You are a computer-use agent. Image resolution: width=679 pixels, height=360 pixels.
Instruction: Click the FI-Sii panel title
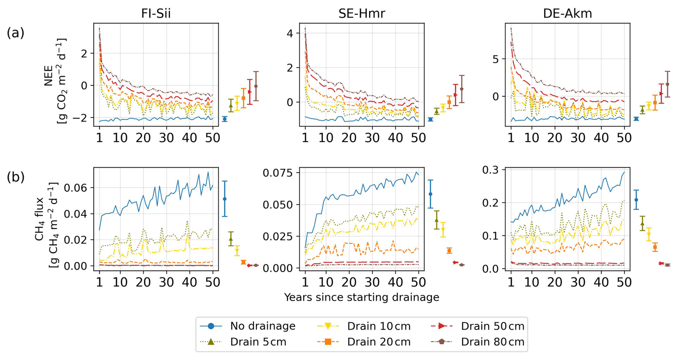pyautogui.click(x=156, y=13)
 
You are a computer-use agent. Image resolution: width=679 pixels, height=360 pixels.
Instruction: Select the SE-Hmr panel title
pyautogui.click(x=361, y=13)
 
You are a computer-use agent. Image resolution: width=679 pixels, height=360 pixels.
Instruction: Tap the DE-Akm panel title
pyautogui.click(x=567, y=13)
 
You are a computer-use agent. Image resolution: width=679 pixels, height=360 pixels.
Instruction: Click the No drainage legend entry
pyautogui.click(x=248, y=326)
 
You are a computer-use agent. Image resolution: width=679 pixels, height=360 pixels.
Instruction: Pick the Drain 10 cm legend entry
pyautogui.click(x=364, y=326)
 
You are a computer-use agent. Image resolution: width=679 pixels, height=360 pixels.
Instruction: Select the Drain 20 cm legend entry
pyautogui.click(x=364, y=342)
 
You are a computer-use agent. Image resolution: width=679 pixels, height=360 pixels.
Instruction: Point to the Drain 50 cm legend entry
pyautogui.click(x=477, y=326)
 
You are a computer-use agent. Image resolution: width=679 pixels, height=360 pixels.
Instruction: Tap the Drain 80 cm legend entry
pyautogui.click(x=477, y=342)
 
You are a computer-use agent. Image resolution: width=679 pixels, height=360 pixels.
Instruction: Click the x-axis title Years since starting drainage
pyautogui.click(x=361, y=297)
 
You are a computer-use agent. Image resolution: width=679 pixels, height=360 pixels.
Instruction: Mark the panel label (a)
pyautogui.click(x=15, y=33)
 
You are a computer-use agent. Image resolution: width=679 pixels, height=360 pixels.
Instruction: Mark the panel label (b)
pyautogui.click(x=15, y=177)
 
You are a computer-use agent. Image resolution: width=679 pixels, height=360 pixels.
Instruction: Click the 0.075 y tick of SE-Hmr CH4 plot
pyautogui.click(x=278, y=173)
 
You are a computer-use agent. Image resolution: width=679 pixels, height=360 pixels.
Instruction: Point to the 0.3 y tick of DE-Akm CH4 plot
pyautogui.click(x=492, y=170)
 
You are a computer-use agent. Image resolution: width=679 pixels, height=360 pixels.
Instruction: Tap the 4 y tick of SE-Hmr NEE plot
pyautogui.click(x=289, y=33)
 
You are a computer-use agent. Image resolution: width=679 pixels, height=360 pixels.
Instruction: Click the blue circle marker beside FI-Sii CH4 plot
pyautogui.click(x=225, y=199)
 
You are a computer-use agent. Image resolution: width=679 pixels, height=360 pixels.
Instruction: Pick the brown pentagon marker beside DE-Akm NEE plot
pyautogui.click(x=667, y=84)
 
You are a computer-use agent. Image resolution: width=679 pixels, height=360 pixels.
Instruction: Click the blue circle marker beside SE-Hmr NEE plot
pyautogui.click(x=430, y=119)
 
